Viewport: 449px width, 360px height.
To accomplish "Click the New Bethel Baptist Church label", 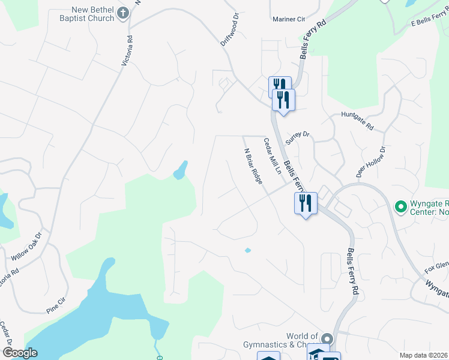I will pos(92,14).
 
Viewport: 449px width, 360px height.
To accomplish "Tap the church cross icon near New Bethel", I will pos(123,13).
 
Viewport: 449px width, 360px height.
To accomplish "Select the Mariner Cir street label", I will pos(289,19).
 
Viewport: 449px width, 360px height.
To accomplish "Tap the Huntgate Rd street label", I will pos(357,121).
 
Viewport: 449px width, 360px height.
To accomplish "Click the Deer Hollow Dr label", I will pos(370,161).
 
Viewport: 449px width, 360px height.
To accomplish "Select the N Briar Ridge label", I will pos(253,166).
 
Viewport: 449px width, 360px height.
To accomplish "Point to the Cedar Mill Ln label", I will pos(273,156).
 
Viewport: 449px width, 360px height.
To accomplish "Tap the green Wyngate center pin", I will pos(400,207).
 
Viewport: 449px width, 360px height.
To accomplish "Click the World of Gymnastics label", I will pos(294,340).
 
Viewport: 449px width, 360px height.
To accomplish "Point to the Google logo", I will pos(20,353).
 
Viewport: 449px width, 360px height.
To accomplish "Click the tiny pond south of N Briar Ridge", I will pos(248,250).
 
